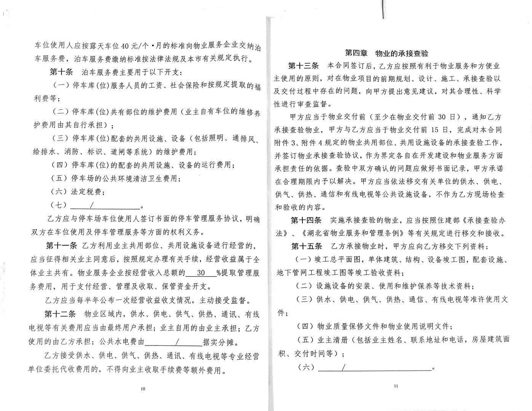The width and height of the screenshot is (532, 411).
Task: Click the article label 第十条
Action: tap(61, 72)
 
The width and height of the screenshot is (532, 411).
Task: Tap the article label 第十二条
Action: tap(60, 315)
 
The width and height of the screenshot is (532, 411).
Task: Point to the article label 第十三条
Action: tap(303, 66)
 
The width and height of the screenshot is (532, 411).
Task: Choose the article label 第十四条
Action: tap(306, 221)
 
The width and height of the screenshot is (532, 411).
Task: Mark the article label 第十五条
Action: tap(307, 246)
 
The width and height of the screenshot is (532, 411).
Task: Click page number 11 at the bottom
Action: tap(396, 386)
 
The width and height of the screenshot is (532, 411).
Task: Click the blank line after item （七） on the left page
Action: tap(105, 206)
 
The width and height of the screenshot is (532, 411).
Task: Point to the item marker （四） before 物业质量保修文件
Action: tap(306, 327)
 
